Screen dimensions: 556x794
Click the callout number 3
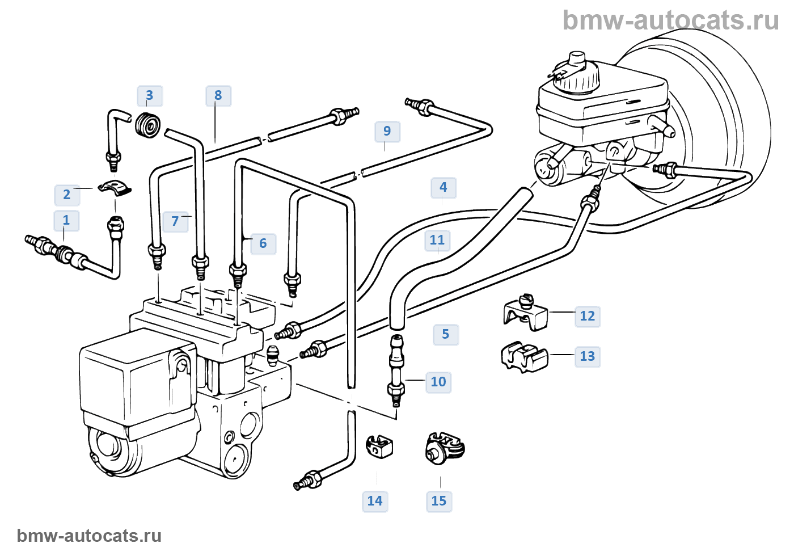[x=150, y=96]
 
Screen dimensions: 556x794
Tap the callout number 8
[x=218, y=96]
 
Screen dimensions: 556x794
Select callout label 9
[x=387, y=132]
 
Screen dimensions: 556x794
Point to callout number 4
[x=444, y=188]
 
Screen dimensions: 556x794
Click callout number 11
[x=437, y=241]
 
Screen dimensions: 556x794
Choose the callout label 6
[x=263, y=244]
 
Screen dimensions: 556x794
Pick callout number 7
[x=175, y=221]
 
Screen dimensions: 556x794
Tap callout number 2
[x=67, y=195]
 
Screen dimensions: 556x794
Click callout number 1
[x=66, y=221]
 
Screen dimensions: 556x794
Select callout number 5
[x=446, y=335]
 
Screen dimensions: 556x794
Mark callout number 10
[x=438, y=382]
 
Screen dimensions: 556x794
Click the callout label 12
[x=588, y=317]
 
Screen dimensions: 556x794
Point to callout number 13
[x=588, y=357]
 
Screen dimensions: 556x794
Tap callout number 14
[x=375, y=502]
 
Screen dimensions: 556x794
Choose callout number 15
[x=439, y=502]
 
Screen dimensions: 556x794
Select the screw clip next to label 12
[x=525, y=314]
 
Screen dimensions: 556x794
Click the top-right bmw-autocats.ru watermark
[x=670, y=20]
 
